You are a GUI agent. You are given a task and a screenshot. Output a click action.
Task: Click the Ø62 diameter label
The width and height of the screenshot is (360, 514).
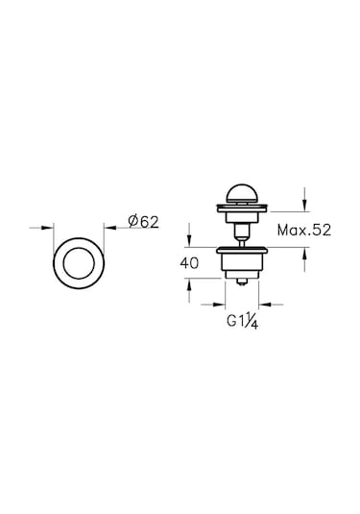pyautogui.click(x=143, y=222)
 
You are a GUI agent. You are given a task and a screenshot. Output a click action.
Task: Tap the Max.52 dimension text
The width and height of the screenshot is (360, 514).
pyautogui.click(x=304, y=231)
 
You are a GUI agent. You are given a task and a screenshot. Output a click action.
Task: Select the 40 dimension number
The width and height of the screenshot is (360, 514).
pyautogui.click(x=189, y=263)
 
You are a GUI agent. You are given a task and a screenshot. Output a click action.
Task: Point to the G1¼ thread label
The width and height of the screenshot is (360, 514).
pyautogui.click(x=243, y=321)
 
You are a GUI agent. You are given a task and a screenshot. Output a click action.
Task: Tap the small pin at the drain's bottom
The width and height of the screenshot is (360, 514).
pyautogui.click(x=242, y=281)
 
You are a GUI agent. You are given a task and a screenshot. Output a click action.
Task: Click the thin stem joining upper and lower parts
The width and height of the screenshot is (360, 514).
pyautogui.click(x=242, y=242)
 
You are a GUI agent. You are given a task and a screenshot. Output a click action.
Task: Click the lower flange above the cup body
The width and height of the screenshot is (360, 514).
pyautogui.click(x=242, y=251)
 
